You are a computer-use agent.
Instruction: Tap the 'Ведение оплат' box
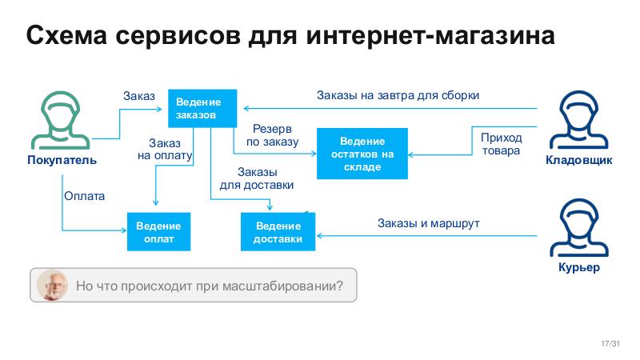[x=158, y=233]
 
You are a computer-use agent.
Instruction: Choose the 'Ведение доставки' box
[x=278, y=232]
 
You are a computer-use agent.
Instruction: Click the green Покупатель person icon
[x=62, y=120]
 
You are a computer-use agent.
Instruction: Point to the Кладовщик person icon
[x=578, y=120]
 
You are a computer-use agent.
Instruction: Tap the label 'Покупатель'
[x=62, y=160]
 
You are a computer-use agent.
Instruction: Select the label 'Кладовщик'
[x=578, y=160]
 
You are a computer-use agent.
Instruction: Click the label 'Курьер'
[x=578, y=267]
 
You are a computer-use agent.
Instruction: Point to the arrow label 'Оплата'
[x=84, y=195]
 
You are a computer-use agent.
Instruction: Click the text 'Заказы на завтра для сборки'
[x=398, y=95]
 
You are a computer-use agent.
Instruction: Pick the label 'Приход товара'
[x=501, y=143]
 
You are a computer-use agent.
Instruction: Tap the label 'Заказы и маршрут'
[x=428, y=223]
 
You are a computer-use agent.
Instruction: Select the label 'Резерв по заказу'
[x=272, y=135]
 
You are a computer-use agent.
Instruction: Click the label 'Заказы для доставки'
[x=257, y=178]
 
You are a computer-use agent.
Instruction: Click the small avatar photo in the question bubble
[x=53, y=285]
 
